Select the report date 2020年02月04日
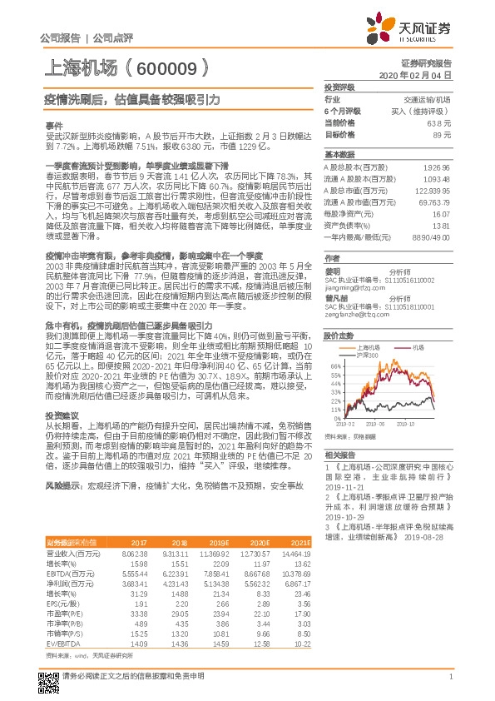[421, 75]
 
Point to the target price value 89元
[443, 133]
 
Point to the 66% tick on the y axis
[334, 365]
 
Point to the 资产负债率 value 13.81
[441, 226]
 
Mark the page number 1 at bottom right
[450, 679]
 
